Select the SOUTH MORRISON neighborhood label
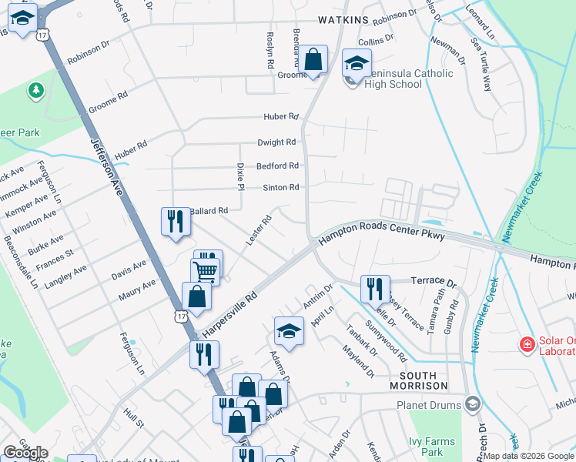(x=418, y=385)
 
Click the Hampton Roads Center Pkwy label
(x=382, y=236)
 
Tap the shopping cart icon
(x=206, y=271)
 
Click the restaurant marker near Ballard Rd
(x=176, y=221)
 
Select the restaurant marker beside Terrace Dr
(x=375, y=289)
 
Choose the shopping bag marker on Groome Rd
(x=313, y=59)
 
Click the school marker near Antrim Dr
(x=289, y=331)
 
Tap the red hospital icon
(x=527, y=344)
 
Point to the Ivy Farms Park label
(x=431, y=447)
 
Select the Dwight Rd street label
(x=276, y=142)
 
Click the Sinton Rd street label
(x=280, y=187)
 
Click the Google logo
(x=25, y=453)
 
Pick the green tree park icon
(x=35, y=92)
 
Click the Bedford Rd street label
(x=277, y=166)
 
